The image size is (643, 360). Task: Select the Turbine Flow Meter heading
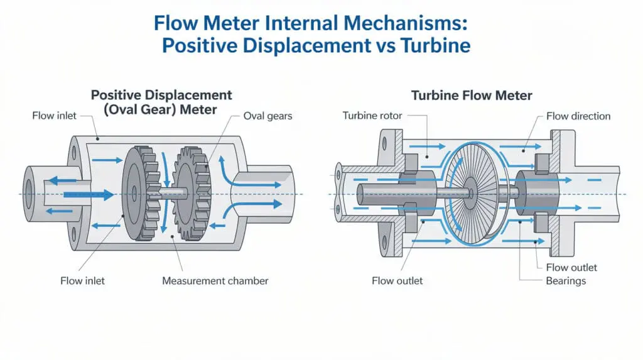472,95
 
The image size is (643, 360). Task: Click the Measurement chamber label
215,280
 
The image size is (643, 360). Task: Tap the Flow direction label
578,116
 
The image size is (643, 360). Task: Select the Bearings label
566,280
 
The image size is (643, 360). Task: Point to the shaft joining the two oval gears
165,194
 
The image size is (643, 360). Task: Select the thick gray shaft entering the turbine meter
389,192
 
